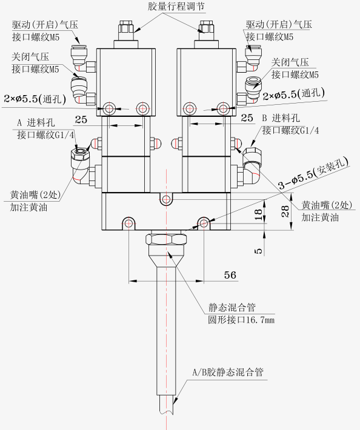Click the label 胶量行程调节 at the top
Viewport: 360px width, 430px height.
(176, 6)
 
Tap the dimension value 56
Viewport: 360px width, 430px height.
(230, 275)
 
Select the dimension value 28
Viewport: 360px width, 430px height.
(285, 211)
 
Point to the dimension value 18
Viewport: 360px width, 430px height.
(258, 215)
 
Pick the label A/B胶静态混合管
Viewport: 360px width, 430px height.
(228, 372)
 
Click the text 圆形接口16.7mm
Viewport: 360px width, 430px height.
(241, 320)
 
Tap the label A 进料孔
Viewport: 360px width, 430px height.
(36, 122)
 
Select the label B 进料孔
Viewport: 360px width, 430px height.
(281, 118)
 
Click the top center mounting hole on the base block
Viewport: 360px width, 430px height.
(166, 199)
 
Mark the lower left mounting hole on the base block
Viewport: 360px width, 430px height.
(128, 223)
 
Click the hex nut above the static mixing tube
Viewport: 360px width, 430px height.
(166, 239)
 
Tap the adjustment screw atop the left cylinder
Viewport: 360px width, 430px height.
(126, 30)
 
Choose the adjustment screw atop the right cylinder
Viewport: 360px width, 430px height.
(206, 30)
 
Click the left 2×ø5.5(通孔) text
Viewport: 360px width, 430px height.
(35, 99)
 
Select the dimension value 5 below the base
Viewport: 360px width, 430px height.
(259, 251)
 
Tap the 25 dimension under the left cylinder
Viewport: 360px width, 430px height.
(81, 119)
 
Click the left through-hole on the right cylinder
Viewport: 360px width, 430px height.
(190, 108)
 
